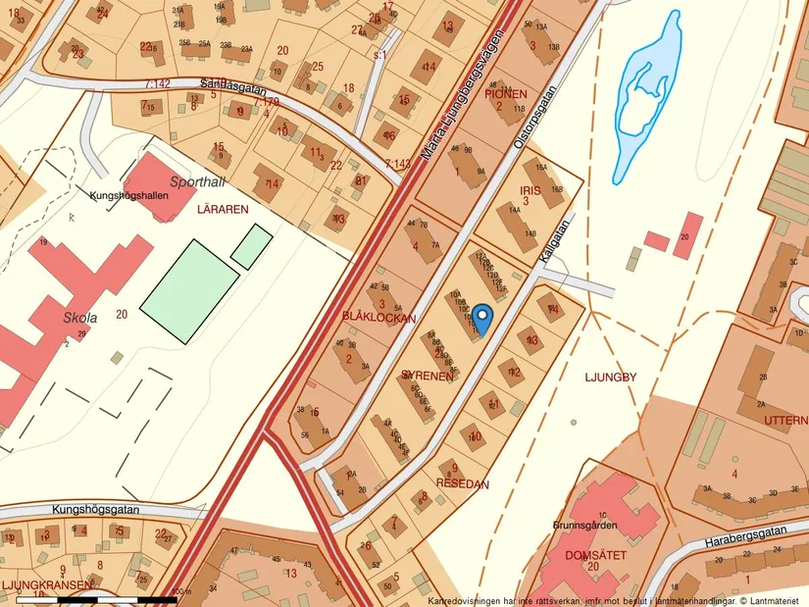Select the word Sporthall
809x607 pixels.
tap(196, 181)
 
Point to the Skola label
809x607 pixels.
tap(80, 318)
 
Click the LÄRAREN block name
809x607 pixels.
tap(222, 209)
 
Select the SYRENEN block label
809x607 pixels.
tap(427, 376)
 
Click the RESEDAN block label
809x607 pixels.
tap(463, 483)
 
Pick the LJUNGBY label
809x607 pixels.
tap(610, 376)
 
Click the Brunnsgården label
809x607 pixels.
tap(590, 526)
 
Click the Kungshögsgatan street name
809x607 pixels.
tap(91, 510)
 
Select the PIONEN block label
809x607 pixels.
tap(505, 94)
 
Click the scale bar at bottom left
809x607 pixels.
tap(98, 597)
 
